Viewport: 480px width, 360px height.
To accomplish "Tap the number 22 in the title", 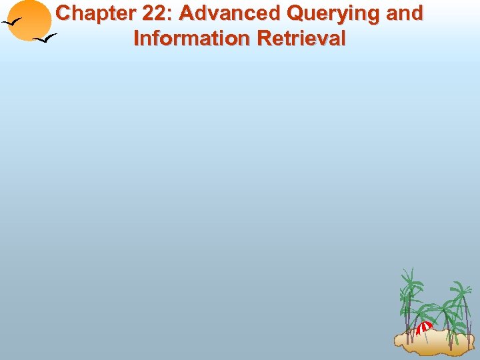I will (x=152, y=13).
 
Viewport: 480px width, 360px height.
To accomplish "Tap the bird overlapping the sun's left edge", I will (x=13, y=22).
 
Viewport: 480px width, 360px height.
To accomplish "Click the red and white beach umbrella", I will (x=425, y=327).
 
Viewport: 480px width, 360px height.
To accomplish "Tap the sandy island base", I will (x=433, y=343).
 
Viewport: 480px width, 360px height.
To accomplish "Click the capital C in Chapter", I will (x=64, y=13).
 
